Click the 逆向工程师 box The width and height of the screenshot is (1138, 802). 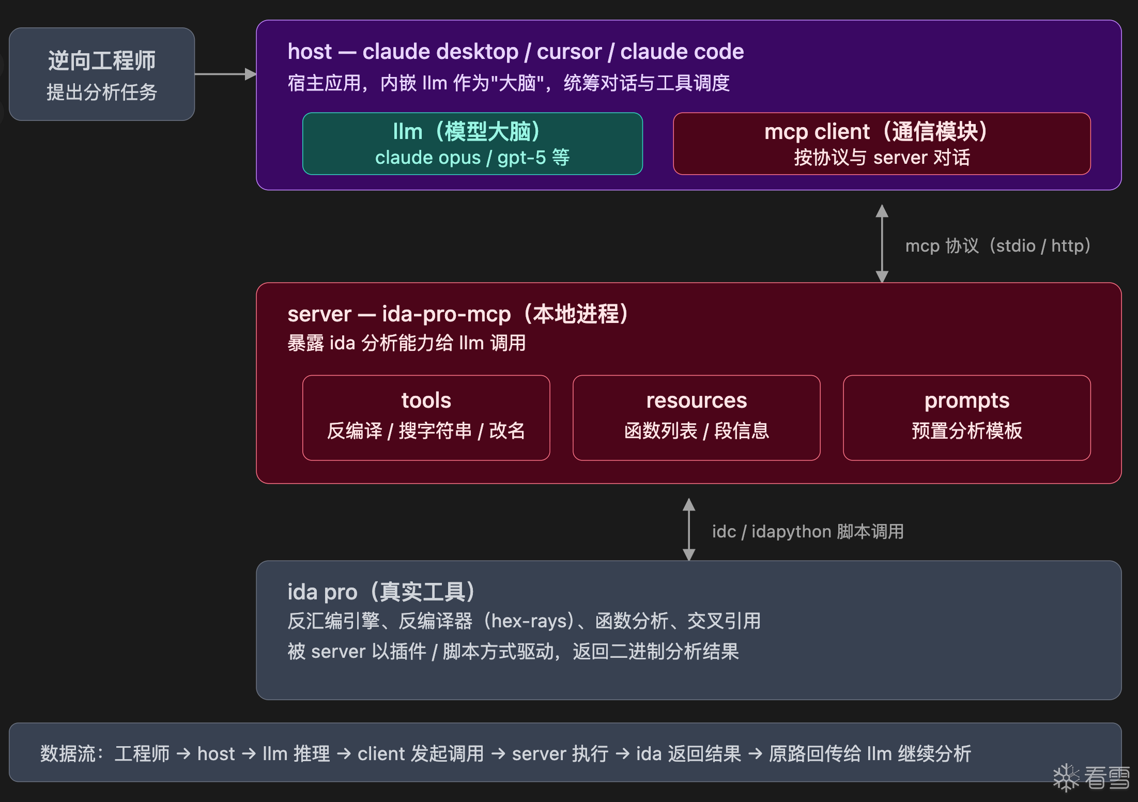pyautogui.click(x=102, y=74)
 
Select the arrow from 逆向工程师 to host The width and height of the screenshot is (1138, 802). pyautogui.click(x=225, y=74)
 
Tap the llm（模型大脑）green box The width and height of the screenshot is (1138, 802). pyautogui.click(x=472, y=144)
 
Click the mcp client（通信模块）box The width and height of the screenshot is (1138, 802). pyautogui.click(x=882, y=144)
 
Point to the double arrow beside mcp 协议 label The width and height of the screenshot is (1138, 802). pyautogui.click(x=882, y=243)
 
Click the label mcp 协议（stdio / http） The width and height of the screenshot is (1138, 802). pyautogui.click(x=997, y=246)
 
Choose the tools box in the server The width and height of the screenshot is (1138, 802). pyautogui.click(x=426, y=418)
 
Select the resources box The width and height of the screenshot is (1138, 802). pyautogui.click(x=696, y=418)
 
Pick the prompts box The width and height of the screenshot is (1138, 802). pyautogui.click(x=966, y=418)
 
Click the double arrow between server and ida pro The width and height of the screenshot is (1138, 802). pyautogui.click(x=688, y=529)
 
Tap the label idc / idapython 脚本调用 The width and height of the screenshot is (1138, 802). pyautogui.click(x=808, y=532)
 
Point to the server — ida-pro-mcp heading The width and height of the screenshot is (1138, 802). pyautogui.click(x=458, y=314)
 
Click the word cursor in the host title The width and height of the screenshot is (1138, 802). pyautogui.click(x=569, y=52)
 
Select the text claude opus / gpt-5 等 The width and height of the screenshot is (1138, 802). pyautogui.click(x=472, y=158)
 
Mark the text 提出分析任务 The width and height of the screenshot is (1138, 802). pyautogui.click(x=102, y=92)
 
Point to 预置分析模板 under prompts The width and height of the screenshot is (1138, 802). pyautogui.click(x=966, y=431)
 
